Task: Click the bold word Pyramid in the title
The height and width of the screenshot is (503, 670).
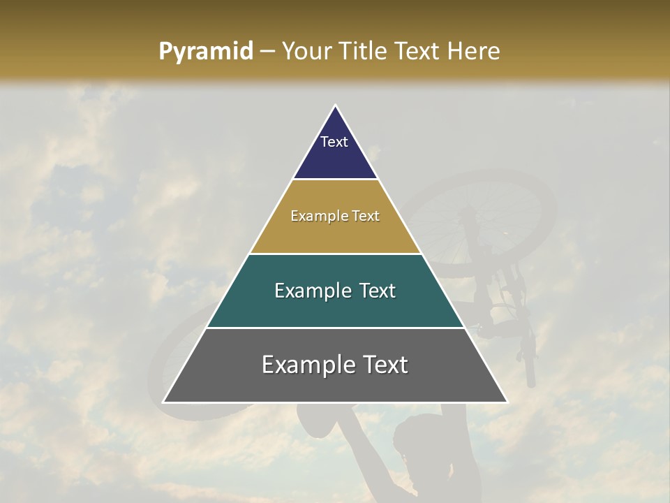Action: (206, 52)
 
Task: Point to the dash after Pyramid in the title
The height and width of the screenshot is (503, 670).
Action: (267, 52)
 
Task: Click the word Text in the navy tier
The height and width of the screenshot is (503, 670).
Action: (334, 142)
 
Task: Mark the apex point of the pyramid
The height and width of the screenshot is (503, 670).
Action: (336, 105)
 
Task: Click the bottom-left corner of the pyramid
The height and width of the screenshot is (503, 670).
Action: (164, 402)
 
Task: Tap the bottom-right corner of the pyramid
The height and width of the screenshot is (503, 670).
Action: (507, 402)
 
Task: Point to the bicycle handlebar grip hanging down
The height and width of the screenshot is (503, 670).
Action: (530, 370)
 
